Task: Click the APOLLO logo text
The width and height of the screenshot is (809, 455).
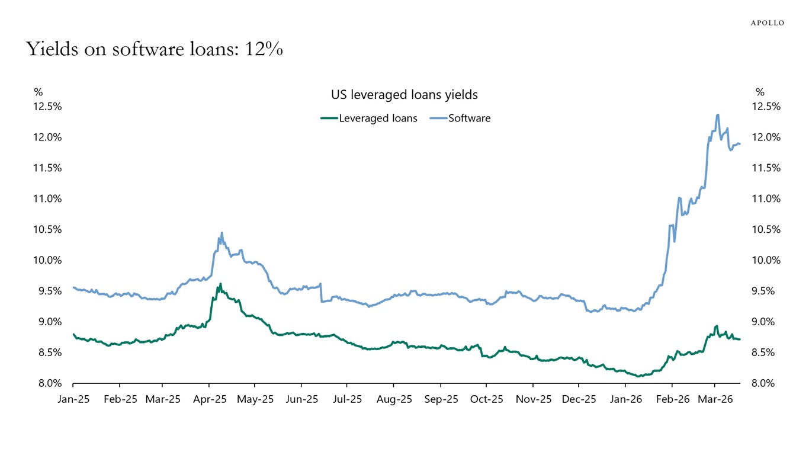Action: pos(767,23)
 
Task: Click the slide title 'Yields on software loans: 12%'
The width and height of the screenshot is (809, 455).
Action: pos(155,49)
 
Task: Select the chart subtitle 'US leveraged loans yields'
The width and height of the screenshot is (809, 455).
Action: pos(404,94)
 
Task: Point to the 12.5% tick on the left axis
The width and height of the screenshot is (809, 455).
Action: pos(48,107)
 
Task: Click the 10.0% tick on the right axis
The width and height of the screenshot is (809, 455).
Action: pos(766,260)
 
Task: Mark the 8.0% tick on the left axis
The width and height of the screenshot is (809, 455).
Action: pos(48,383)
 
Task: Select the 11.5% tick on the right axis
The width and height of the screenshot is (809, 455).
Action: pos(766,168)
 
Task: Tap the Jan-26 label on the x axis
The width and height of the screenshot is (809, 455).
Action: pos(625,399)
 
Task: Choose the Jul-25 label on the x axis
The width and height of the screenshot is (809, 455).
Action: pos(346,399)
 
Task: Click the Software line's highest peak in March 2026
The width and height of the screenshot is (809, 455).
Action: pos(718,115)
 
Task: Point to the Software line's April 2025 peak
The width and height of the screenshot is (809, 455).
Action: pos(221,233)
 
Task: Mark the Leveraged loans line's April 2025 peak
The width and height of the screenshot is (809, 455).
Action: pos(220,284)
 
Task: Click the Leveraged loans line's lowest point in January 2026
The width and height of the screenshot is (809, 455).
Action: pos(638,376)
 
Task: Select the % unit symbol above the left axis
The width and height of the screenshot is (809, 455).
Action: pos(38,92)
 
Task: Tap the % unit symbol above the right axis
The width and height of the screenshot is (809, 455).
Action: pos(760,92)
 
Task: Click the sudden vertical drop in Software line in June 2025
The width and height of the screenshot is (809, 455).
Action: pos(320,293)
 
